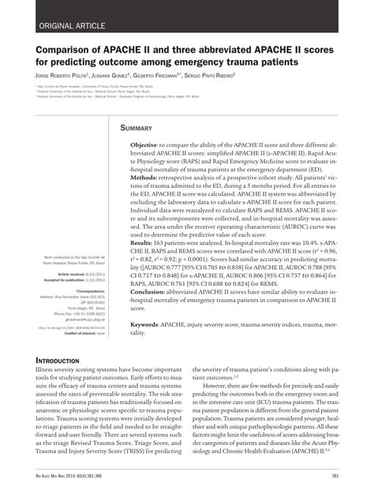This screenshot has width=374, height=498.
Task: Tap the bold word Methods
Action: pyautogui.click(x=148, y=178)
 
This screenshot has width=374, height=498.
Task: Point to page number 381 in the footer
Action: pyautogui.click(x=335, y=475)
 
